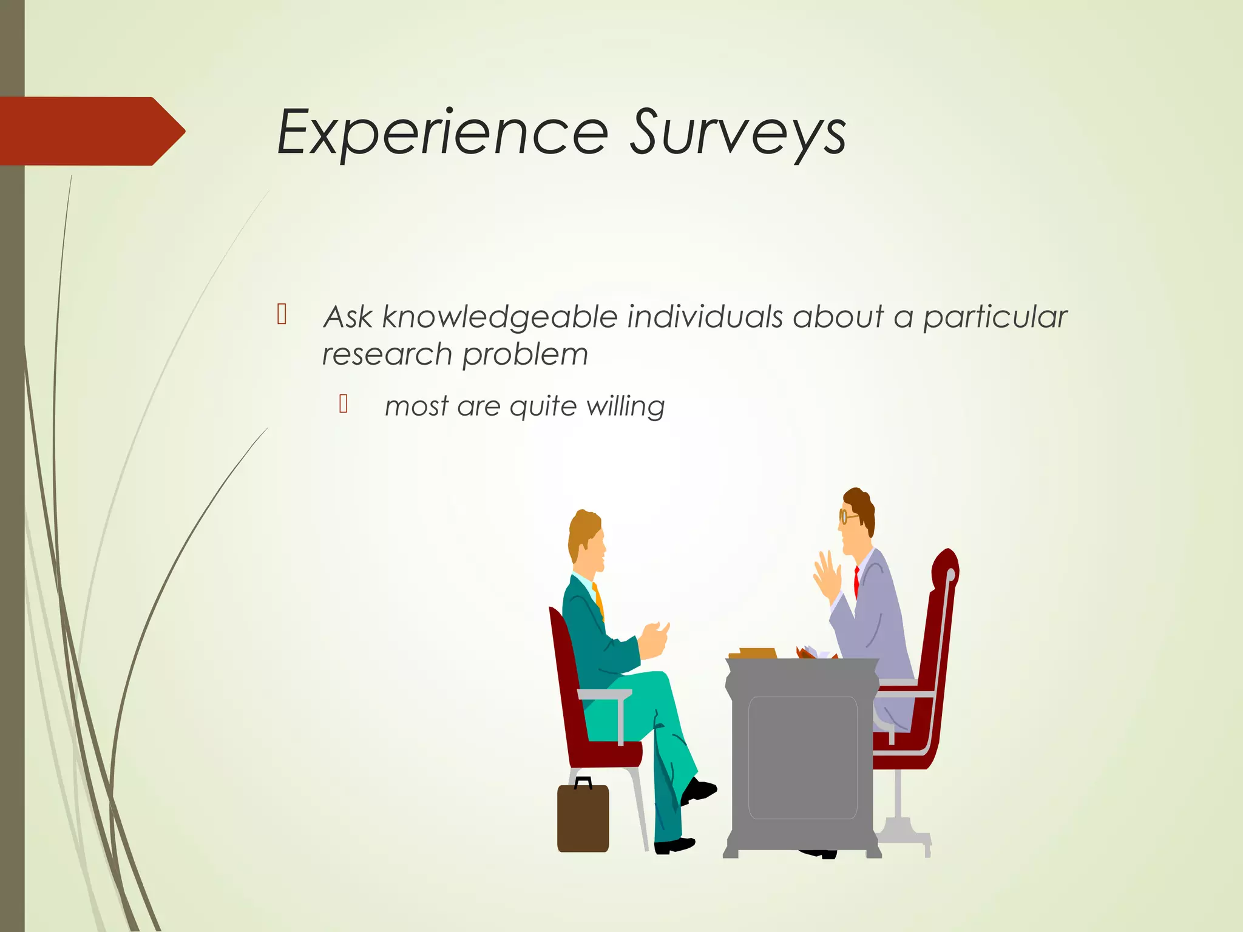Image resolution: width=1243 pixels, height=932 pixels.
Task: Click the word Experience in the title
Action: pyautogui.click(x=442, y=132)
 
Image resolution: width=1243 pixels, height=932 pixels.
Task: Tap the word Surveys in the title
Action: pyautogui.click(x=737, y=132)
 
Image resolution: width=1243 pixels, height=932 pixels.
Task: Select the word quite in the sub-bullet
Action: pyautogui.click(x=543, y=407)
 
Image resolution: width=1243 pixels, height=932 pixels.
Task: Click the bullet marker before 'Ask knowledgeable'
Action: pyautogui.click(x=282, y=314)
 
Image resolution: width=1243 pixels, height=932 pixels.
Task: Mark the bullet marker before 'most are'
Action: pyautogui.click(x=344, y=404)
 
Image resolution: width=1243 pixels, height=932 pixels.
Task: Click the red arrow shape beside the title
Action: pyautogui.click(x=91, y=131)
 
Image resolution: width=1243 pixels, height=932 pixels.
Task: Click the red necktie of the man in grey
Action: pyautogui.click(x=856, y=581)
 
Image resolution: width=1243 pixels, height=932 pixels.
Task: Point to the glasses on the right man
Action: pyautogui.click(x=845, y=517)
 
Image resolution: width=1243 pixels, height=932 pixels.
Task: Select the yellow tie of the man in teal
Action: pyautogui.click(x=599, y=601)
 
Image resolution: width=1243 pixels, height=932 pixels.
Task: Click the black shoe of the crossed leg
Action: pyautogui.click(x=699, y=790)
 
